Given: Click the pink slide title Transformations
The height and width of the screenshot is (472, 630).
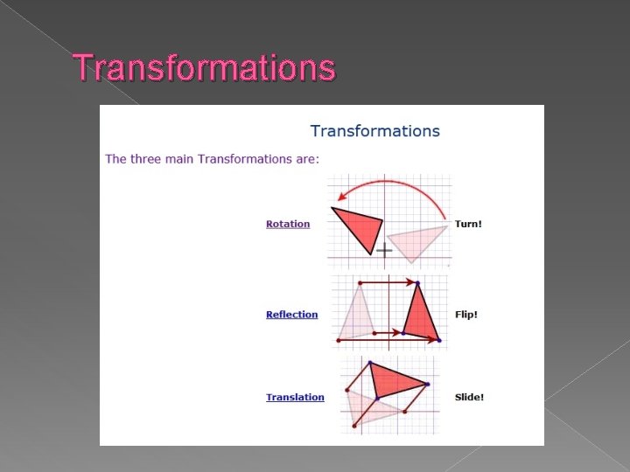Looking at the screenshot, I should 204,67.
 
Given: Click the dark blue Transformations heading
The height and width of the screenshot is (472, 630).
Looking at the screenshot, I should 374,131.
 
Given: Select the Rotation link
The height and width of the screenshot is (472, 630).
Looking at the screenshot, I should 288,224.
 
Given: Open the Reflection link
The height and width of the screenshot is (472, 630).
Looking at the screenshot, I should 291,315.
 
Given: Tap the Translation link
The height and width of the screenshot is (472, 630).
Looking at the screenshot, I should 295,397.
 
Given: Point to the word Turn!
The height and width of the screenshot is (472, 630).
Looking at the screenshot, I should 468,224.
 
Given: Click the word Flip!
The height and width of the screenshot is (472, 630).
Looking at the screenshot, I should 466,315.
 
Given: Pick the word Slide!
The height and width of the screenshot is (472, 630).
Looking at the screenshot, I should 469,397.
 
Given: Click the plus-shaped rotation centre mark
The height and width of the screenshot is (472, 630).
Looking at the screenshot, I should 383,251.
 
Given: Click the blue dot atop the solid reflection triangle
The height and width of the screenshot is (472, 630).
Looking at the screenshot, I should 417,283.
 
